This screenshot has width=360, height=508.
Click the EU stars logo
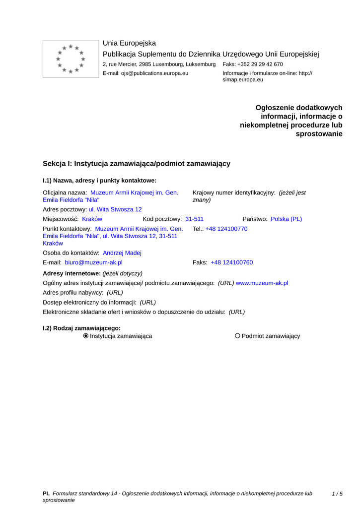(x=71, y=59)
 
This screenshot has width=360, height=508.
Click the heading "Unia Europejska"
(x=129, y=43)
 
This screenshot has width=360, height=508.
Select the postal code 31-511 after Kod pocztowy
(x=194, y=219)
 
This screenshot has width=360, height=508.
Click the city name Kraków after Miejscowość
(x=92, y=219)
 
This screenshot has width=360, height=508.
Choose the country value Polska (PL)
(x=286, y=219)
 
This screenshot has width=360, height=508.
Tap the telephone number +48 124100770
(x=226, y=229)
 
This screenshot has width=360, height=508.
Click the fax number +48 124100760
(x=231, y=262)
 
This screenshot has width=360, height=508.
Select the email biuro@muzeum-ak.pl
(x=93, y=262)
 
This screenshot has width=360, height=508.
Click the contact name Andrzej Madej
(x=122, y=253)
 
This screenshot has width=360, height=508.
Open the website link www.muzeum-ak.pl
(x=262, y=283)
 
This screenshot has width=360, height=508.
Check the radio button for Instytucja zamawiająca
(x=86, y=336)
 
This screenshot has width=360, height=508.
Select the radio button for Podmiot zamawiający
(x=237, y=336)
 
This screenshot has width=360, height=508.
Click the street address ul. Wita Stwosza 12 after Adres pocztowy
(x=115, y=209)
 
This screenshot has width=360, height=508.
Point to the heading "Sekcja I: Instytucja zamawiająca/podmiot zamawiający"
(x=137, y=164)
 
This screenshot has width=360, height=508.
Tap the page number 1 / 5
(x=337, y=494)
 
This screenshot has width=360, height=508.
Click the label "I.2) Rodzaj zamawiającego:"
(x=82, y=328)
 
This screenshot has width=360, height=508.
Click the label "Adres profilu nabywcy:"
(x=73, y=293)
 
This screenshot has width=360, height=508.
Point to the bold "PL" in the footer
(x=46, y=494)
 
